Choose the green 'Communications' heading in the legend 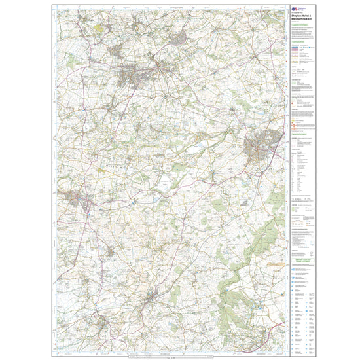click(x=300, y=41)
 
